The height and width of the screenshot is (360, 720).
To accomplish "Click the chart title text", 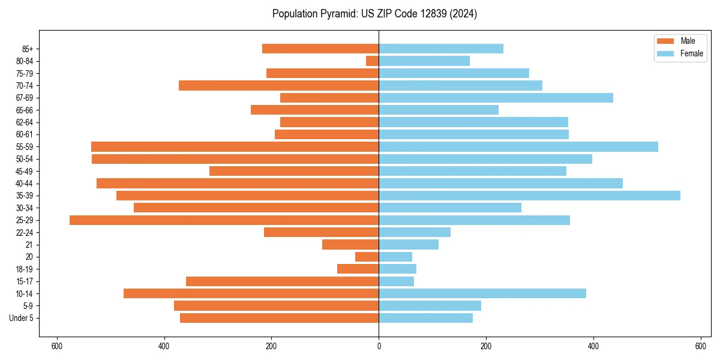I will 374,14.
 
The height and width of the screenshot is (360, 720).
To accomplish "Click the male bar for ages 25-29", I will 224,220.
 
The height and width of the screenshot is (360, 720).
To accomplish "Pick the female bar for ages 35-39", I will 529,196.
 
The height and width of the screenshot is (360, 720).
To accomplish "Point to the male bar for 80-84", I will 373,61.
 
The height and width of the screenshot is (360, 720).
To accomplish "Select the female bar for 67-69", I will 496,98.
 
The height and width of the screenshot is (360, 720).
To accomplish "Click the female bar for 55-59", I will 518,146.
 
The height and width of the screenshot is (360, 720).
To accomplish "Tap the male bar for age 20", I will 367,257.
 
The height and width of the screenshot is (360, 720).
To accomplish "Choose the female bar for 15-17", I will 396,281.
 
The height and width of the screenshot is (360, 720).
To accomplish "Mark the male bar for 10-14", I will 251,293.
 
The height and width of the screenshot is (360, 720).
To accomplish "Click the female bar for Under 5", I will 425,318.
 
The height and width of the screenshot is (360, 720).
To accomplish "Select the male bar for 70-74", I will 278,86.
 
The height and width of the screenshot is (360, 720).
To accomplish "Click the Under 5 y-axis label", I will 22,318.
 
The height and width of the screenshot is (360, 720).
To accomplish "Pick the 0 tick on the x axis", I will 379,346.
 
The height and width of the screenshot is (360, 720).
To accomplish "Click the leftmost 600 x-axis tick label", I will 57,346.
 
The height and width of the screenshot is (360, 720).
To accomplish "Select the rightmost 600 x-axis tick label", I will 700,346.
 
